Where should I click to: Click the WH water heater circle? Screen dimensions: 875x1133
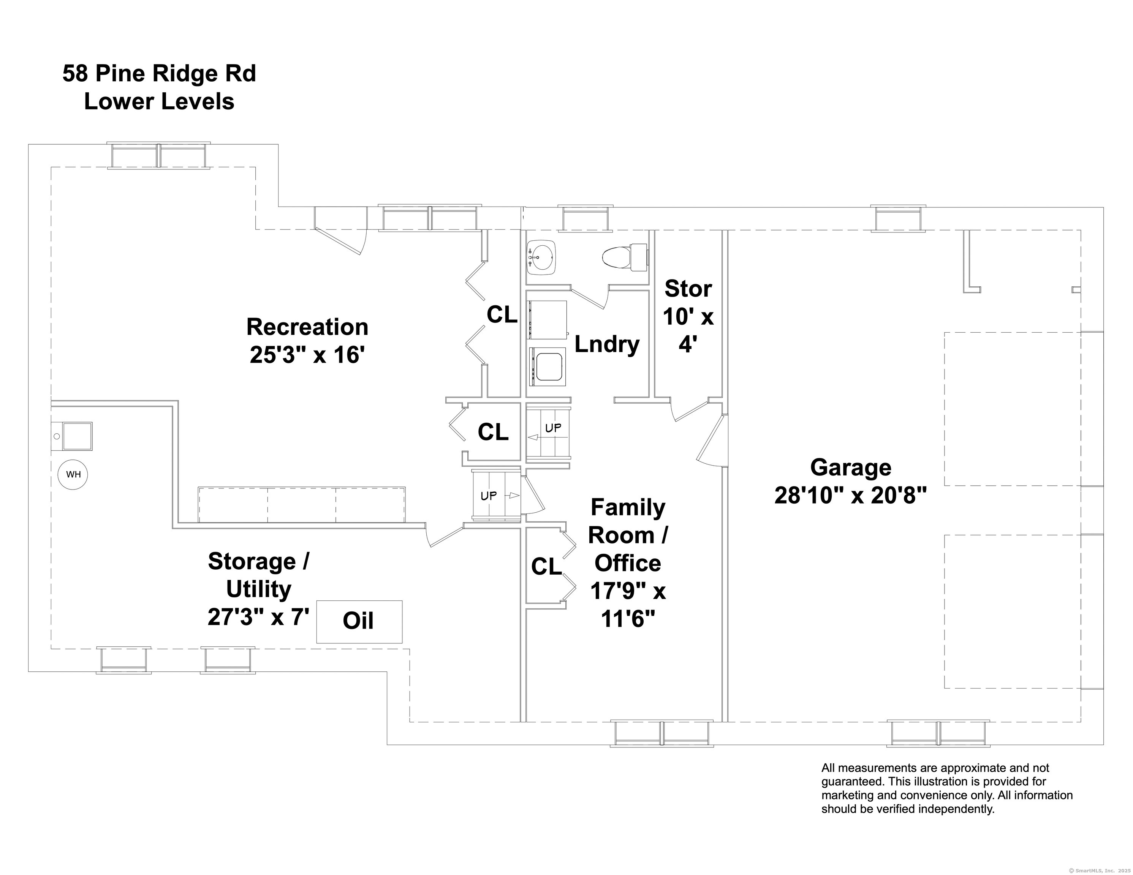tap(73, 474)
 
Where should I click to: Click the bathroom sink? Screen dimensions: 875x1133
tap(541, 257)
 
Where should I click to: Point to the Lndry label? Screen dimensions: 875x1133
tap(607, 344)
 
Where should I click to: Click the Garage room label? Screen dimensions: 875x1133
tap(850, 468)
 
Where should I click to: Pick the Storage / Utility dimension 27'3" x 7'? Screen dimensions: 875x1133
tap(258, 617)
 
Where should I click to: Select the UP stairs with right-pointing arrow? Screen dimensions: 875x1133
tap(495, 495)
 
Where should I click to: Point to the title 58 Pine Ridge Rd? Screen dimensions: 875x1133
tap(159, 74)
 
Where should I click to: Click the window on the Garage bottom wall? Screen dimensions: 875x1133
tap(938, 733)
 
